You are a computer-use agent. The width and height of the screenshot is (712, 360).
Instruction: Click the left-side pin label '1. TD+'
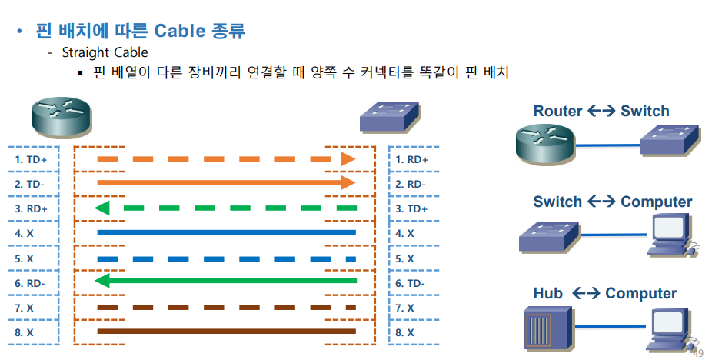(x=32, y=159)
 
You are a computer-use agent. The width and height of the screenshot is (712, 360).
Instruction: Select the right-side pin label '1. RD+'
(x=412, y=159)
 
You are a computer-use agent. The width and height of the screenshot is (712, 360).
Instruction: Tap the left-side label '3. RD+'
(x=32, y=208)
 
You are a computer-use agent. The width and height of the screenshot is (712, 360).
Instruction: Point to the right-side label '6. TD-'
(x=412, y=283)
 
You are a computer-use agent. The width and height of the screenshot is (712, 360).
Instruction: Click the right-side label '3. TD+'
(x=412, y=208)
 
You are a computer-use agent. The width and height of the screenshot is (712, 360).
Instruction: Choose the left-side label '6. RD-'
(x=32, y=283)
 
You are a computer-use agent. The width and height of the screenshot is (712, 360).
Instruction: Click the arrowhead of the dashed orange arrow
(x=348, y=158)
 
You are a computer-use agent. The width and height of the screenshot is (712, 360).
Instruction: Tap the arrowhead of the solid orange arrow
(x=348, y=183)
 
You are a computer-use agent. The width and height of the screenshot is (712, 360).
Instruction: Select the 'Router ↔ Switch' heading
(x=601, y=112)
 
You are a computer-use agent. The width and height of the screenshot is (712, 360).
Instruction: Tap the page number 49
(x=698, y=353)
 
